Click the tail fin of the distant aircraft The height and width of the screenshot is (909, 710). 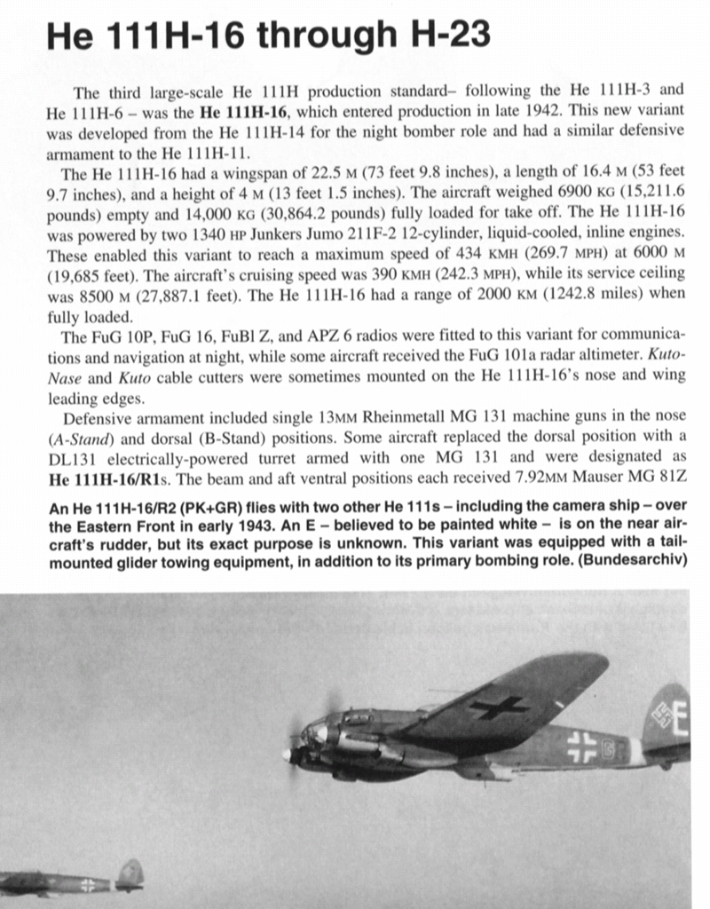coord(130,873)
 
